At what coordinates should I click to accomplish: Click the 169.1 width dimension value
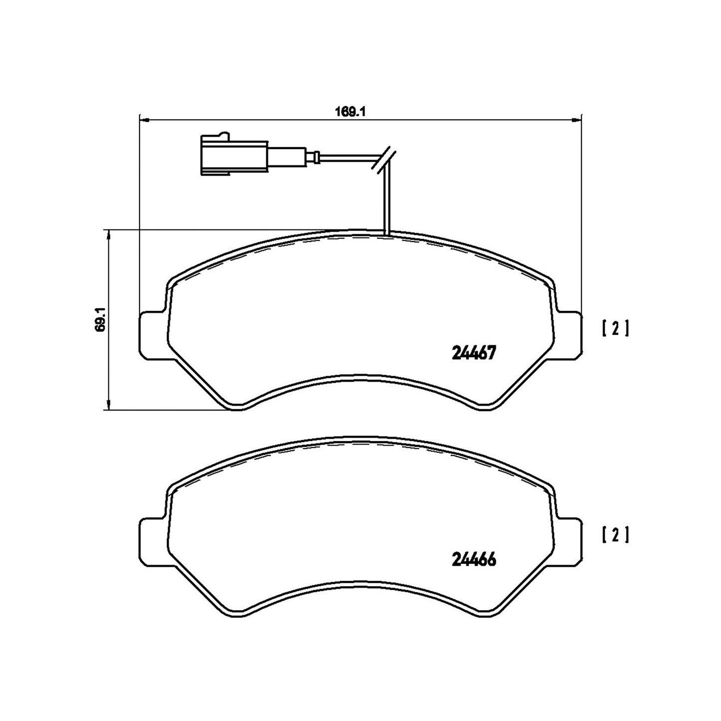point(350,111)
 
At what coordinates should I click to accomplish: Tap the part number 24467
point(474,352)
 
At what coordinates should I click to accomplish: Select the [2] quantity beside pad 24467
point(616,328)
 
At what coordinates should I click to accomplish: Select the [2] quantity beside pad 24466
point(616,545)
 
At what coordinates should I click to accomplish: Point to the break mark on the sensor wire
point(384,159)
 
